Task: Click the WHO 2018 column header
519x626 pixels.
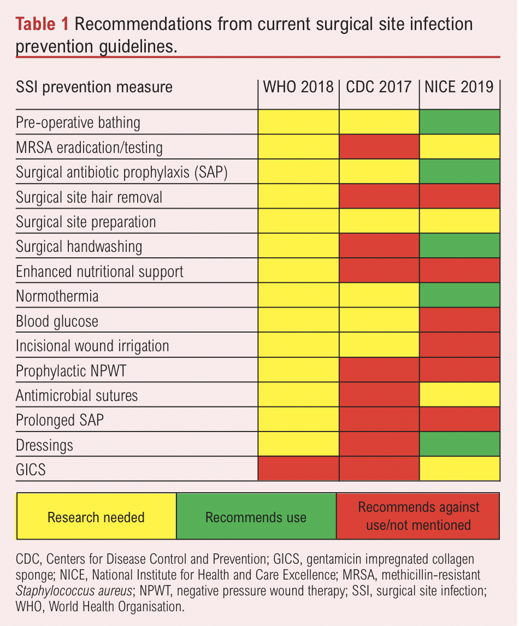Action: pos(298,87)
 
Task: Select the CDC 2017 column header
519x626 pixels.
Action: pos(379,87)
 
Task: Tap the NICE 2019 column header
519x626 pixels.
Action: pos(459,87)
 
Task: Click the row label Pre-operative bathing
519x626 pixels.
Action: pos(78,122)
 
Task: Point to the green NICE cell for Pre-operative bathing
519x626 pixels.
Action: pos(459,122)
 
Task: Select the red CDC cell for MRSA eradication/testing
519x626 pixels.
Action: pos(379,147)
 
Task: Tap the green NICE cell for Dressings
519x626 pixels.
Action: pos(459,445)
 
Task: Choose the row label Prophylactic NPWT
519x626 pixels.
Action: pos(71,371)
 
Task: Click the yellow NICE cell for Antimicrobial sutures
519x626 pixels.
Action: pos(459,395)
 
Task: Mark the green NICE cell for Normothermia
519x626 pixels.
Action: pos(459,296)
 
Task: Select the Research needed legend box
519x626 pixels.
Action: pos(96,517)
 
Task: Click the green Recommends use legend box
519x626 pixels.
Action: pos(256,517)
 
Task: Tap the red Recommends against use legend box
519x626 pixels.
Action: pos(418,517)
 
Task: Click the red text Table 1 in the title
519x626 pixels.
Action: pos(43,25)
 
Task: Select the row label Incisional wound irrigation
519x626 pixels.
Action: pos(92,346)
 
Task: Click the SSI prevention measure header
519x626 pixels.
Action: pos(94,87)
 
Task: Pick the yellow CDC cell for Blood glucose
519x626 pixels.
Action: pos(379,321)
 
